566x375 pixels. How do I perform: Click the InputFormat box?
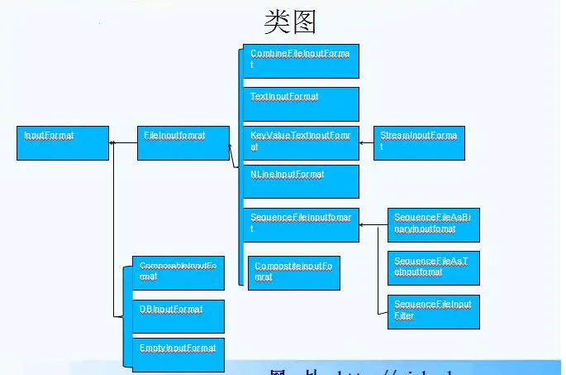[x=63, y=142]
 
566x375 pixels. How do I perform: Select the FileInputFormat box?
[x=183, y=142]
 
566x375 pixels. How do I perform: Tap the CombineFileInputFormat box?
[x=301, y=60]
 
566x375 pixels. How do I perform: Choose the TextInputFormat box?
[x=301, y=103]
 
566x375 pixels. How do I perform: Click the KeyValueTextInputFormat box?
[x=301, y=142]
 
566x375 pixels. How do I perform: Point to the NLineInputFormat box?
[x=301, y=181]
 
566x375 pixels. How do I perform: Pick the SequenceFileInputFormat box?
[x=301, y=224]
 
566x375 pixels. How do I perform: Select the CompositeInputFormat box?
[x=293, y=272]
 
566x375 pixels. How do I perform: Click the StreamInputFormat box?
[x=419, y=142]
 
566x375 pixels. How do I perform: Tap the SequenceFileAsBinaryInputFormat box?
[x=433, y=224]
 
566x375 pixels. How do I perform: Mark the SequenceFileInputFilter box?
[x=433, y=311]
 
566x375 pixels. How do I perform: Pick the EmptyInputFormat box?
[x=178, y=353]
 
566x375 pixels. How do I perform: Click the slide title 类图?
[x=289, y=22]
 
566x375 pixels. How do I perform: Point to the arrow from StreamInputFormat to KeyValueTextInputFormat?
[x=366, y=142]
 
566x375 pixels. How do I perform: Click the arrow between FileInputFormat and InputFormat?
[x=123, y=143]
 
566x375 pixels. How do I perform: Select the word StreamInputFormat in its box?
[x=418, y=134]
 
